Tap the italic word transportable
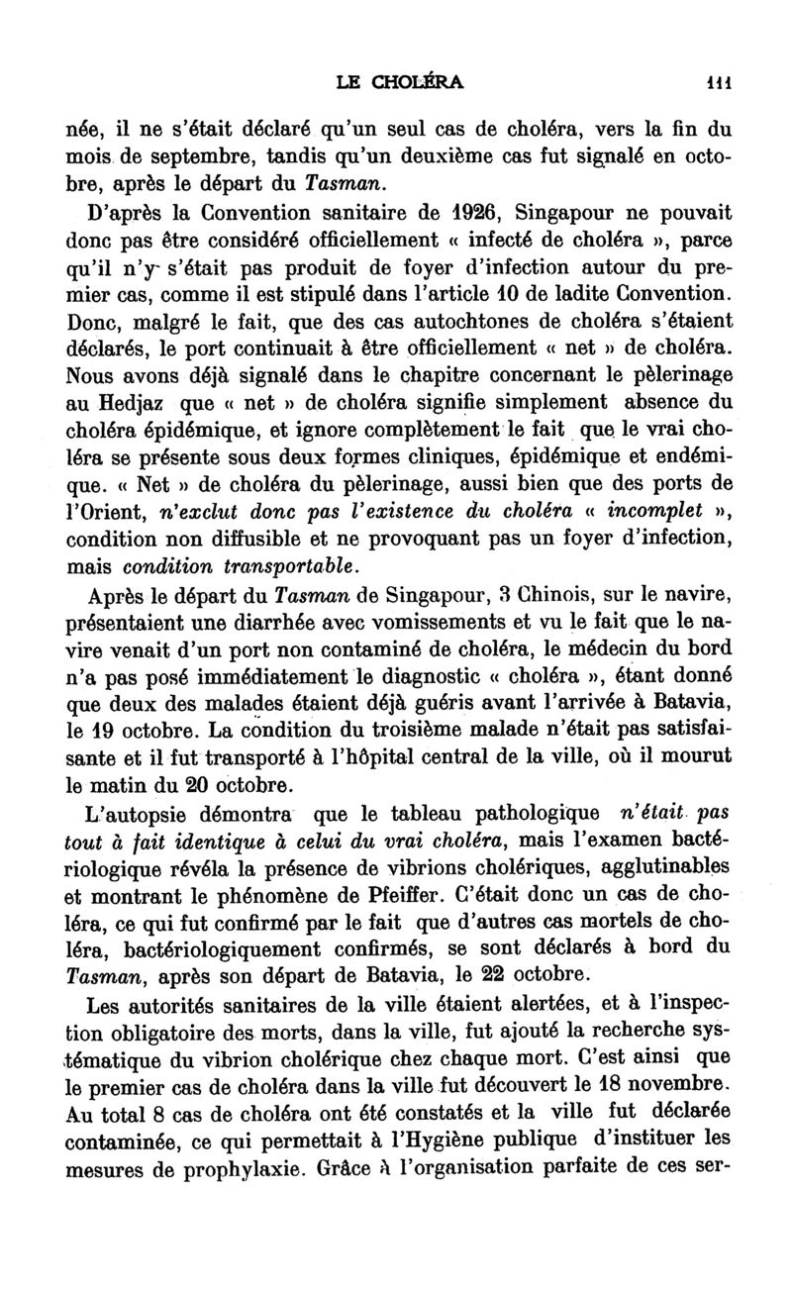(x=282, y=566)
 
